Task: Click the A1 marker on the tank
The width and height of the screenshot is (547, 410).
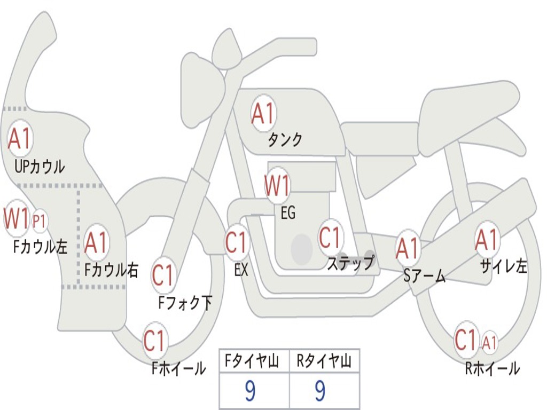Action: click(263, 113)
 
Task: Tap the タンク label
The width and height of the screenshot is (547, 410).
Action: click(285, 140)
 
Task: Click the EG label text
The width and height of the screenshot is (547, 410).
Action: click(287, 214)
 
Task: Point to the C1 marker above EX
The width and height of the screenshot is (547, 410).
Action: click(237, 242)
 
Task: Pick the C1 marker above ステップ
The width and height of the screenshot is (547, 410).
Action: click(330, 238)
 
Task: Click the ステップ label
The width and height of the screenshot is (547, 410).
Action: click(350, 263)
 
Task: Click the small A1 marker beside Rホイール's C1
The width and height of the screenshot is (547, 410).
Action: click(489, 342)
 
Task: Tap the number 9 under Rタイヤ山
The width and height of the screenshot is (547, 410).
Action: click(320, 391)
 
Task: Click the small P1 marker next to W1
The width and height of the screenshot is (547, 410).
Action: click(40, 220)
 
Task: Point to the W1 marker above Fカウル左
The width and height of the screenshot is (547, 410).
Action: click(16, 218)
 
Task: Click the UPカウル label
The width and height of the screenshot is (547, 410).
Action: click(39, 167)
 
